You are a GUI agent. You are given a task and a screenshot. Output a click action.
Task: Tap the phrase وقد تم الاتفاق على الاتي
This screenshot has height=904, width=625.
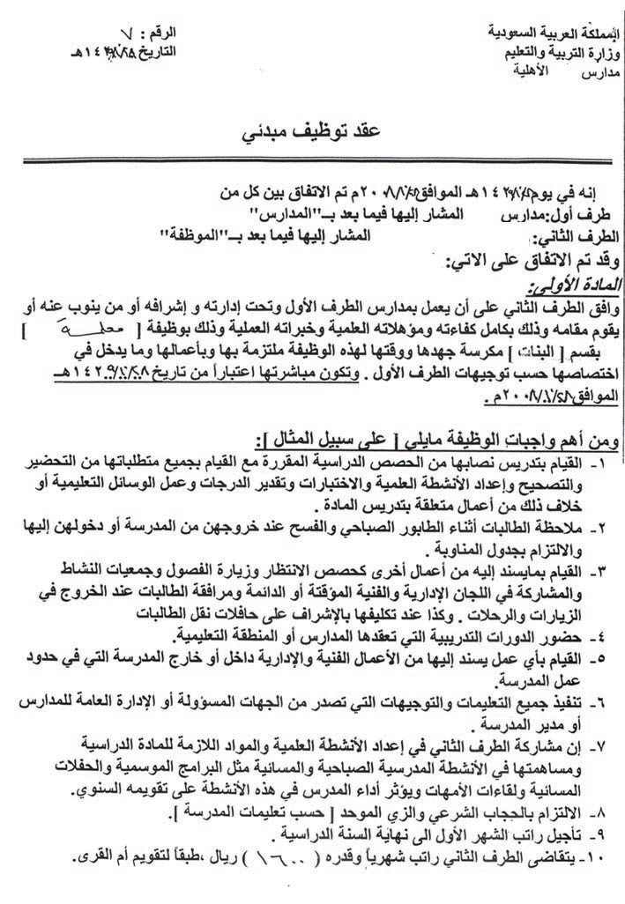tap(529, 261)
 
